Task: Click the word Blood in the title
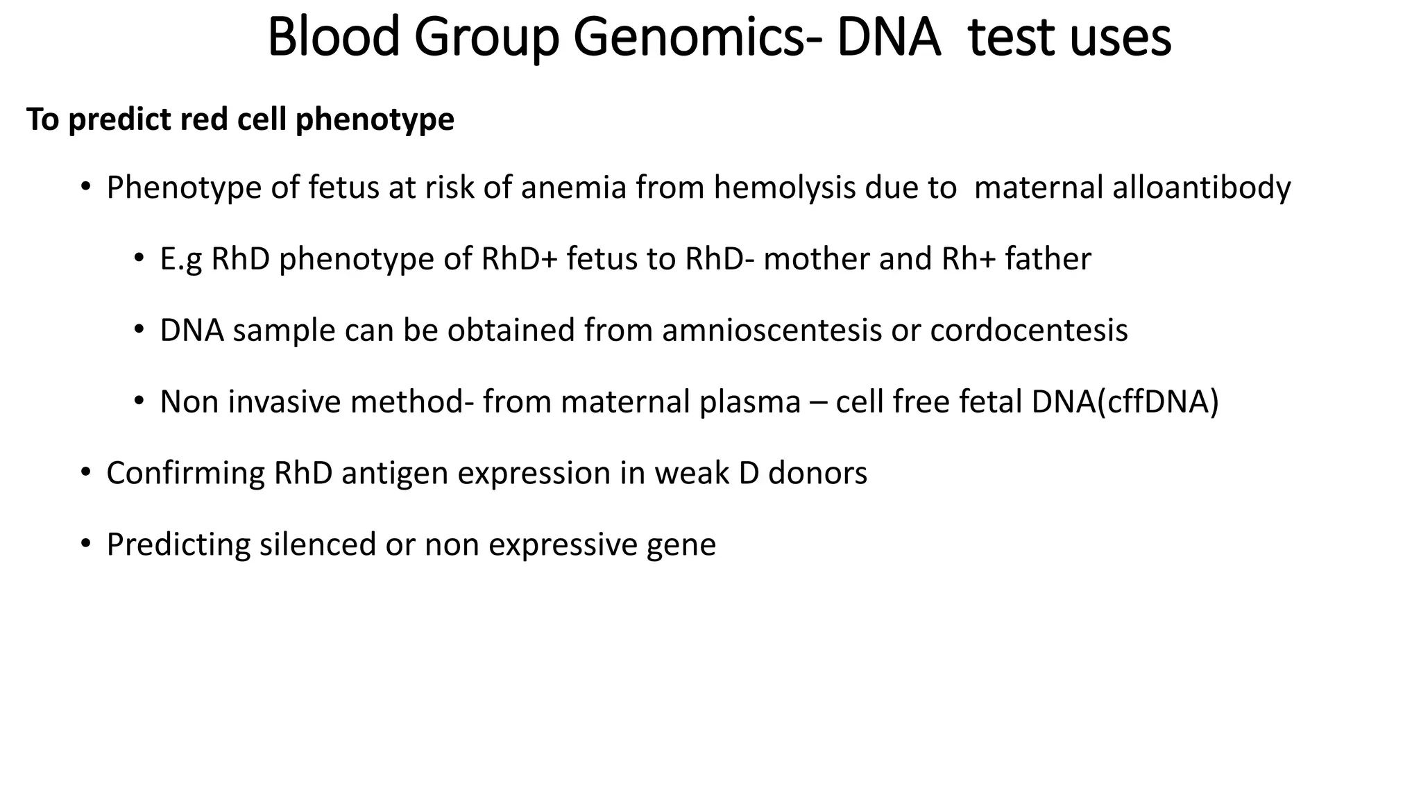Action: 333,37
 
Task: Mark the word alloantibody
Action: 1201,187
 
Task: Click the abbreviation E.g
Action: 181,259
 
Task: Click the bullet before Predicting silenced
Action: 85,544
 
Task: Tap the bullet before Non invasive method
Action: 139,402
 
